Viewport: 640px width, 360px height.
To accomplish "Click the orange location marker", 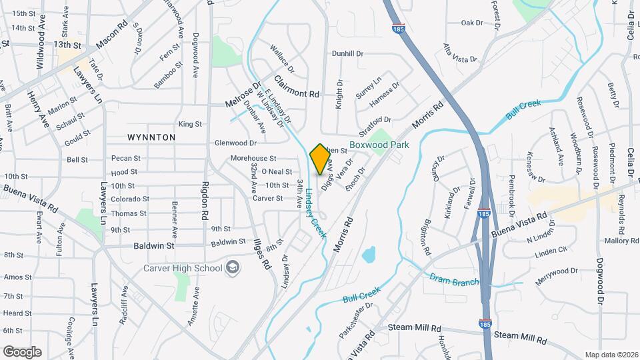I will pyautogui.click(x=320, y=159).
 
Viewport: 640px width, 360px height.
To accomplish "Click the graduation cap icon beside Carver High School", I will pyautogui.click(x=233, y=268).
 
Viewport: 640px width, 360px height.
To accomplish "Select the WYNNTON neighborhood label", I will pyautogui.click(x=151, y=137).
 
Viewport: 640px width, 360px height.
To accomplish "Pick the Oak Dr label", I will pyautogui.click(x=472, y=23).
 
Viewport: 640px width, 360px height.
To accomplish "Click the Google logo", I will pyautogui.click(x=22, y=351).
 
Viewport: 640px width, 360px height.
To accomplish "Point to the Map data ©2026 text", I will pyautogui.click(x=611, y=355).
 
